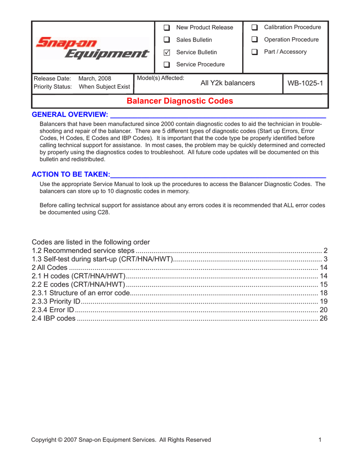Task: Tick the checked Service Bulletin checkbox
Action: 167,53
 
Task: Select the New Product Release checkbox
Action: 167,28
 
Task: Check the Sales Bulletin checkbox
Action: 167,40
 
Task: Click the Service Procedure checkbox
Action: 167,65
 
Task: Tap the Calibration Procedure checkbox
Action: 255,28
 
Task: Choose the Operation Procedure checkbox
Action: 255,40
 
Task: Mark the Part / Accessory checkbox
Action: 255,52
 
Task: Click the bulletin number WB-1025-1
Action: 305,83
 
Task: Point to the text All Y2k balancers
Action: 228,83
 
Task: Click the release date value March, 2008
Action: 95,78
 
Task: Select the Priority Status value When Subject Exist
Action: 104,87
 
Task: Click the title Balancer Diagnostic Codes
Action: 180,101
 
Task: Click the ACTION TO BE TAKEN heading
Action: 71,175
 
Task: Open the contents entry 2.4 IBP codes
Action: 54,318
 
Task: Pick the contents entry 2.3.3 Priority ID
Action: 57,301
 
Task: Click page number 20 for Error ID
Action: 324,310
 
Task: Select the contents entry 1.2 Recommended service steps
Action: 83,251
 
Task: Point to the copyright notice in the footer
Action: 121,440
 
